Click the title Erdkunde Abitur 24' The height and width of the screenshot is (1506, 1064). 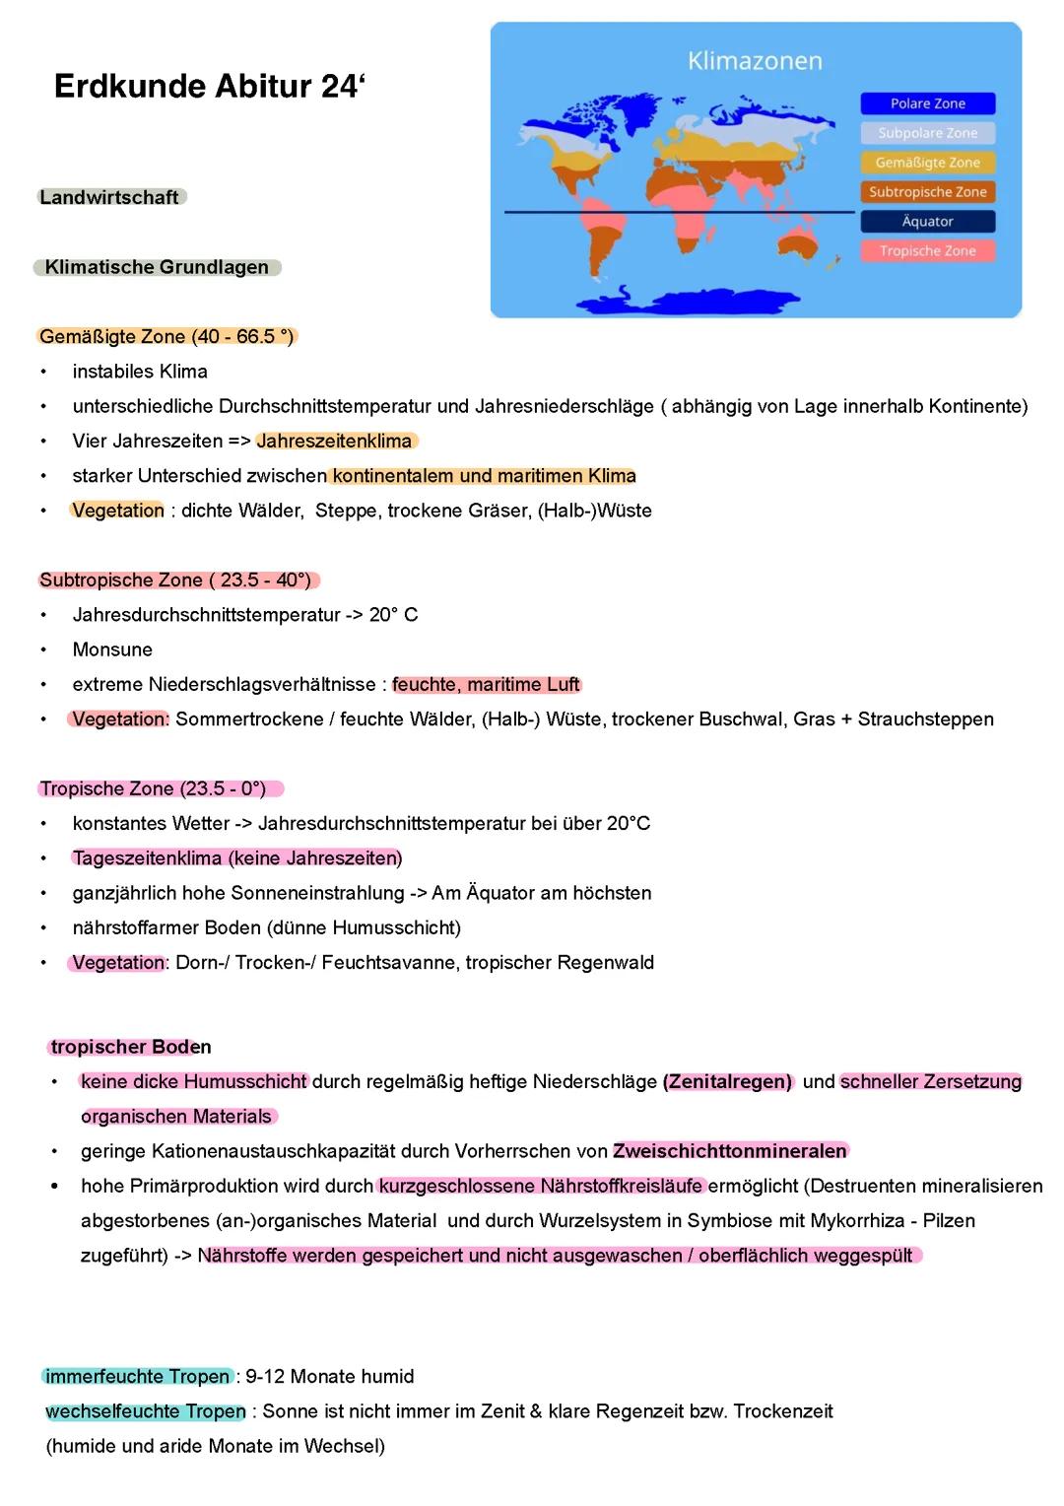(x=209, y=87)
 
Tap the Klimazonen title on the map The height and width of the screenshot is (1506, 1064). (x=755, y=61)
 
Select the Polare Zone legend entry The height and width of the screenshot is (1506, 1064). (x=927, y=103)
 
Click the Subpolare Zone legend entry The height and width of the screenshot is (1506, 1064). (x=927, y=133)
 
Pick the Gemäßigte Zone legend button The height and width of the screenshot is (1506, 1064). (x=927, y=163)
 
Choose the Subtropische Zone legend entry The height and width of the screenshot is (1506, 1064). (x=927, y=192)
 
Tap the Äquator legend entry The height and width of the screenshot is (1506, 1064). (x=927, y=222)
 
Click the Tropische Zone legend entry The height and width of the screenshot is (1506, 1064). (x=927, y=251)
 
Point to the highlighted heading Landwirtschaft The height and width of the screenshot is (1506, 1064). (x=109, y=197)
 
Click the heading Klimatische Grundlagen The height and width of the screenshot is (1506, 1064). (x=157, y=267)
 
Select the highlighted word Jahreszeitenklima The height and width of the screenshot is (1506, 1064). (x=334, y=441)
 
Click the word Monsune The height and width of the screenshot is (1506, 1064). (x=112, y=650)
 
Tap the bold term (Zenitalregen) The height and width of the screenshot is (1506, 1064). (x=728, y=1081)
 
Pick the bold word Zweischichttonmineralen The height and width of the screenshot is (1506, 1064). (x=729, y=1151)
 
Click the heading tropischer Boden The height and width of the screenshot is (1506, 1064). (x=131, y=1047)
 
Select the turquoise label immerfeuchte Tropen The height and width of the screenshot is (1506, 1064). (x=138, y=1377)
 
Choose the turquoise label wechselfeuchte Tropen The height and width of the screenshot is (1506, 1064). (x=146, y=1411)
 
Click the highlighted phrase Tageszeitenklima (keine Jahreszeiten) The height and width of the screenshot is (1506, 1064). (x=236, y=858)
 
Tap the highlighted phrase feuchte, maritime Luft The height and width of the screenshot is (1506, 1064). (x=486, y=684)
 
